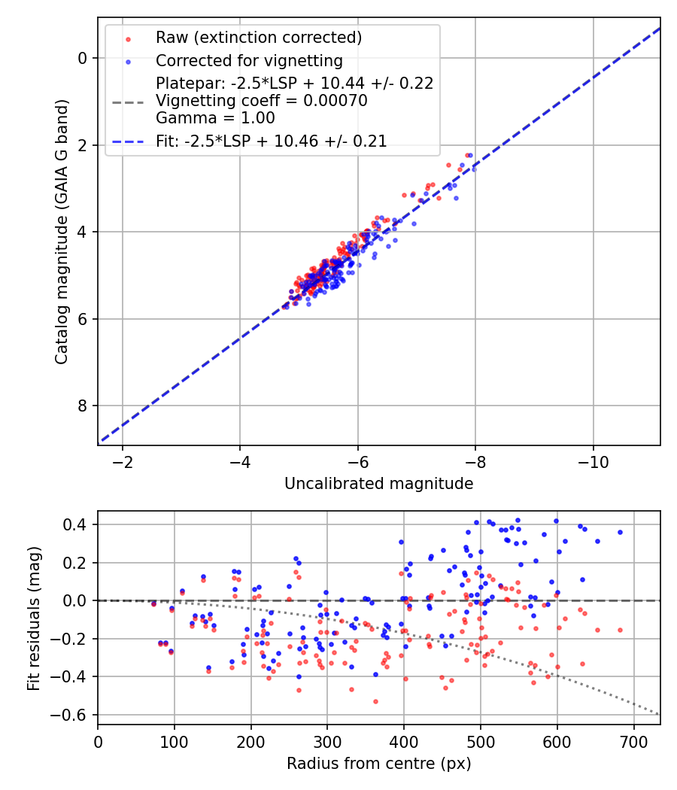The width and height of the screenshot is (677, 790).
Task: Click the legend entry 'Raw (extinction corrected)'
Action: [259, 37]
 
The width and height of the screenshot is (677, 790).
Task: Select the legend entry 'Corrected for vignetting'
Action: [249, 60]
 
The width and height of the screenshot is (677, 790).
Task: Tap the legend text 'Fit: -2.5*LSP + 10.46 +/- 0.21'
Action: [271, 141]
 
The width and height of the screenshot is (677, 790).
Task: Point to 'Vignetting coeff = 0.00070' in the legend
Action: [261, 101]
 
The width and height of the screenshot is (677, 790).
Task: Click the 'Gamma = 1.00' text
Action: [215, 118]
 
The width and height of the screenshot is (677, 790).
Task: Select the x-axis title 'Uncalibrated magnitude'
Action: [378, 484]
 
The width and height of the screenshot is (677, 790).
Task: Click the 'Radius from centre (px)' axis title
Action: [378, 764]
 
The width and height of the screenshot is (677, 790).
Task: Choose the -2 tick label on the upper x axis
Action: [122, 460]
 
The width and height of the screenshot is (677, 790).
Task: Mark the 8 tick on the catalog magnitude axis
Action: [83, 406]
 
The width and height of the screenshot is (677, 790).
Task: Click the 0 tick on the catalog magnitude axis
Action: [83, 58]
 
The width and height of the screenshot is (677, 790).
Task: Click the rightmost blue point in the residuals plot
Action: [620, 532]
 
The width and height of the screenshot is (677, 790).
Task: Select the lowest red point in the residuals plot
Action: [375, 701]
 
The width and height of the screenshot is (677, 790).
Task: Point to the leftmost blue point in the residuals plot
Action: [153, 603]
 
